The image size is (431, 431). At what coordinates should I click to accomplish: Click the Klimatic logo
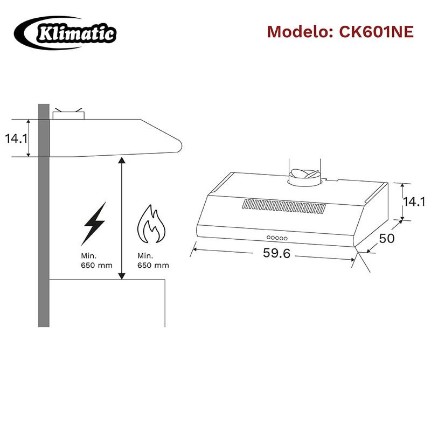65,33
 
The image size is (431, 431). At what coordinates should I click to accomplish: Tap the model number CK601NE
376,32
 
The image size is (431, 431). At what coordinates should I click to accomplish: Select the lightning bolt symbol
94,224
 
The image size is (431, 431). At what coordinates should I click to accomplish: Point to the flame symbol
151,224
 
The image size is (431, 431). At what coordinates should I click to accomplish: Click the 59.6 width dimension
276,253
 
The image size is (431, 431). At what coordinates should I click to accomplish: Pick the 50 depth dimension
386,238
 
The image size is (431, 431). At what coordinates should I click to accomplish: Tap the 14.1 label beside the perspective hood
413,201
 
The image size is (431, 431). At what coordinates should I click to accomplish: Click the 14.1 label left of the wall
16,138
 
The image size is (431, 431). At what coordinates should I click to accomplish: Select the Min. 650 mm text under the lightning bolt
96,261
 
